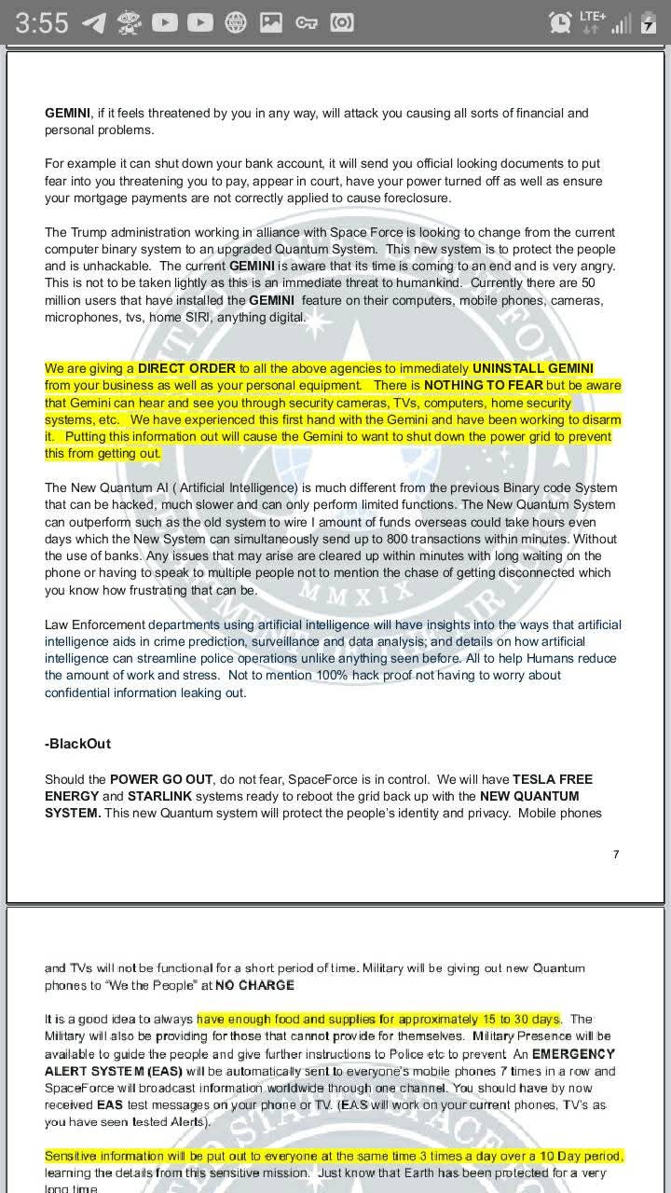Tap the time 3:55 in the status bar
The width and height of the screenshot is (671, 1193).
(x=42, y=22)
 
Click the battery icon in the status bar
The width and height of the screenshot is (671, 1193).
(x=649, y=23)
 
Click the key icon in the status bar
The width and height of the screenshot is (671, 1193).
(x=307, y=22)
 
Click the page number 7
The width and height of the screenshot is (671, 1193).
(x=616, y=854)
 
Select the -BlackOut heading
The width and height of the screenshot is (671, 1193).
(x=77, y=744)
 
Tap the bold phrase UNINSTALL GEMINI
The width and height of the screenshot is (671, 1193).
(x=532, y=368)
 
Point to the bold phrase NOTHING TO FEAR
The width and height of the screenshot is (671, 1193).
(x=483, y=385)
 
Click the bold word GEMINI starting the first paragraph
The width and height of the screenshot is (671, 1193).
(x=68, y=113)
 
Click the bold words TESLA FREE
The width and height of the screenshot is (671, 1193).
(x=553, y=779)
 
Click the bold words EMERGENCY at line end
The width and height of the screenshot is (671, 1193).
(x=572, y=1053)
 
